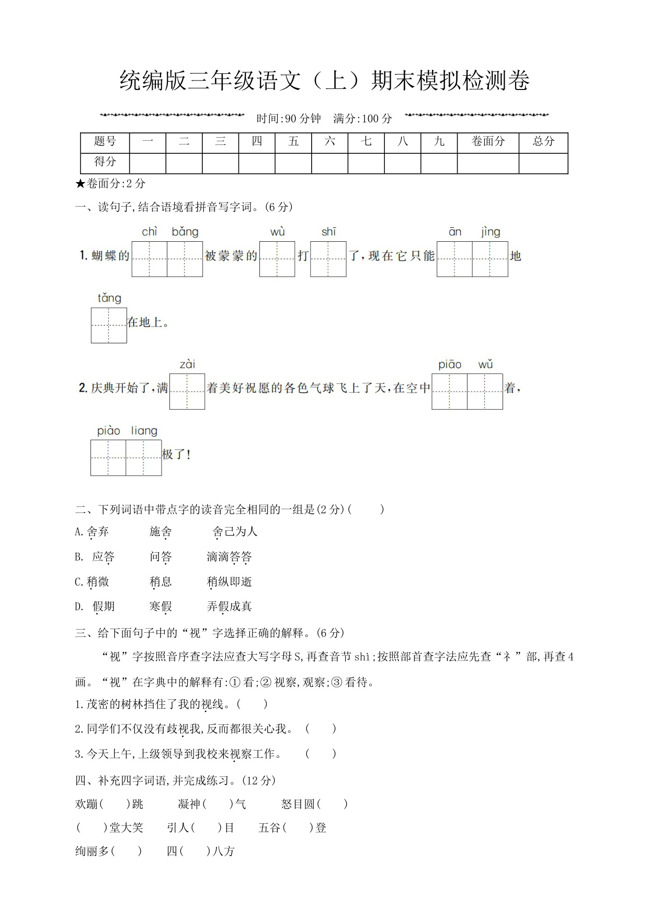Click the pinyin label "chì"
tap(150, 231)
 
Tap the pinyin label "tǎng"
tap(109, 298)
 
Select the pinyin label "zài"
tap(187, 364)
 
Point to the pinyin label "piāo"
tap(450, 364)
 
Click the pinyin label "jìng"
tap(491, 231)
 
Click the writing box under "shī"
tap(328, 259)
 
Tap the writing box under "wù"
tap(277, 259)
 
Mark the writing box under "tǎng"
tap(109, 325)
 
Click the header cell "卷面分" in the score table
tap(488, 141)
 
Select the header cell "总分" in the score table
tap(543, 141)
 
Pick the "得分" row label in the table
tap(105, 162)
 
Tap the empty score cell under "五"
tap(293, 163)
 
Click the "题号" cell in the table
tap(105, 141)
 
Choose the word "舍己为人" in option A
tap(235, 532)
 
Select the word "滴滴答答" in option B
tap(230, 557)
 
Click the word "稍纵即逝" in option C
tap(230, 581)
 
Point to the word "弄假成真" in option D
tap(230, 607)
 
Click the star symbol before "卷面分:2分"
tap(80, 184)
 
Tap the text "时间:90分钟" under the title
tap(289, 119)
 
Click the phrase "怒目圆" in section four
tap(298, 804)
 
